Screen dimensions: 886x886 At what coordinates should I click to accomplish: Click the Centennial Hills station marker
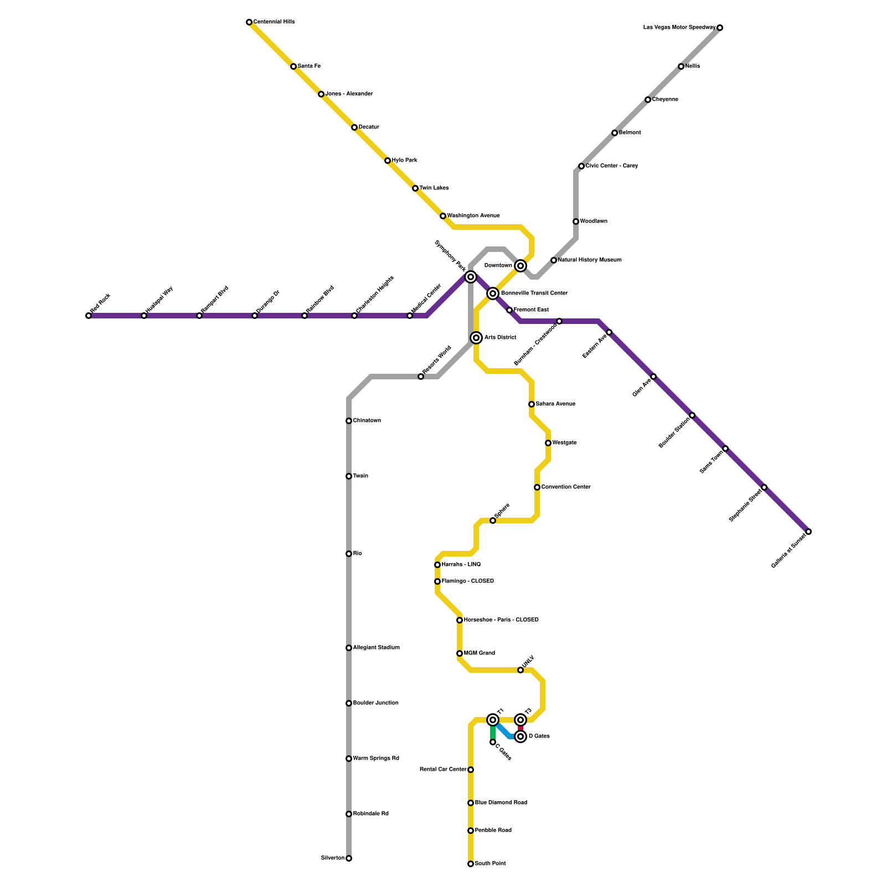[249, 22]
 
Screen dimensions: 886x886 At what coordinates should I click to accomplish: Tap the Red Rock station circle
[89, 316]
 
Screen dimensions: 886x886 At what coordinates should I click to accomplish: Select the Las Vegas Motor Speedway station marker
[720, 28]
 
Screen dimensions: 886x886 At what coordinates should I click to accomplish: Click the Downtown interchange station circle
[521, 266]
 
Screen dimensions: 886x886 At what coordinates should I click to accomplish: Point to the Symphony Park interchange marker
[471, 277]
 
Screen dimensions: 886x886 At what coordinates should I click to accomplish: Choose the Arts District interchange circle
[476, 338]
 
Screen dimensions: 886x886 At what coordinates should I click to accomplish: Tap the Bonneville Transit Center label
[534, 293]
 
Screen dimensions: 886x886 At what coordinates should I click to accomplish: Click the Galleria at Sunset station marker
[808, 532]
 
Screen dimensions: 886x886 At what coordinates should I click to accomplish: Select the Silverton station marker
[349, 858]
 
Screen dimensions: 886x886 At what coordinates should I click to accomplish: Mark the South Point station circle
[471, 864]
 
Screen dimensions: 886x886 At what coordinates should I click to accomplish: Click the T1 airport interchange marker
[493, 720]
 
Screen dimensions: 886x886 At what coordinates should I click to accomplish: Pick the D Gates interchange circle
[521, 736]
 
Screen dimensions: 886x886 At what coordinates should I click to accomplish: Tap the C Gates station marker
[493, 742]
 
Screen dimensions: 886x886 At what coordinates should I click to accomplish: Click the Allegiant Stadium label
[376, 648]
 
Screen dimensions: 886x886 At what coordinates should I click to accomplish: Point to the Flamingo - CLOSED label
[467, 581]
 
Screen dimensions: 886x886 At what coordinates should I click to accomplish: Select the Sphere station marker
[493, 521]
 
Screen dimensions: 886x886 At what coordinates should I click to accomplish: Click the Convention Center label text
[565, 487]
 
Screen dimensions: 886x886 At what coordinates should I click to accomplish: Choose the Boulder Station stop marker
[692, 415]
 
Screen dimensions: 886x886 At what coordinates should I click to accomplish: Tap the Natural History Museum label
[589, 260]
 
